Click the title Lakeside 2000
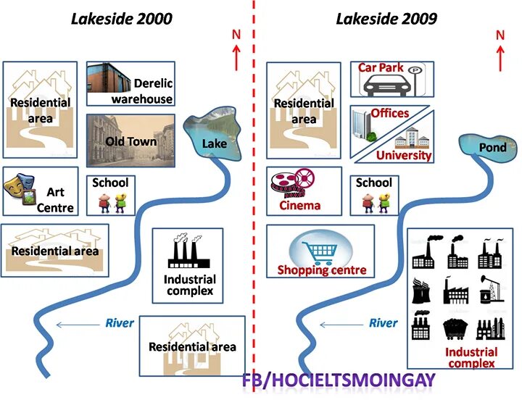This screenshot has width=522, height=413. [x=122, y=19]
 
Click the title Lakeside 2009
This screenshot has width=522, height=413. [x=386, y=19]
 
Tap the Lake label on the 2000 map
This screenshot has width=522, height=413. [x=214, y=144]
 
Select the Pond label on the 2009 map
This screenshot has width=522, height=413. [x=492, y=148]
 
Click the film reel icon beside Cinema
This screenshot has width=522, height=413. [x=292, y=184]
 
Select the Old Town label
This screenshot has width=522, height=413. [x=130, y=141]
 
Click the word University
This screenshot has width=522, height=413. [x=404, y=155]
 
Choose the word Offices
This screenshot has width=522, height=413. [x=390, y=113]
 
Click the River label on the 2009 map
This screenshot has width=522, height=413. [x=384, y=323]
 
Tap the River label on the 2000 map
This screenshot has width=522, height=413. [x=120, y=323]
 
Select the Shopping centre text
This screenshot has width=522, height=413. [x=322, y=270]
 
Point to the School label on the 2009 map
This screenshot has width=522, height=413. [x=373, y=183]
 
